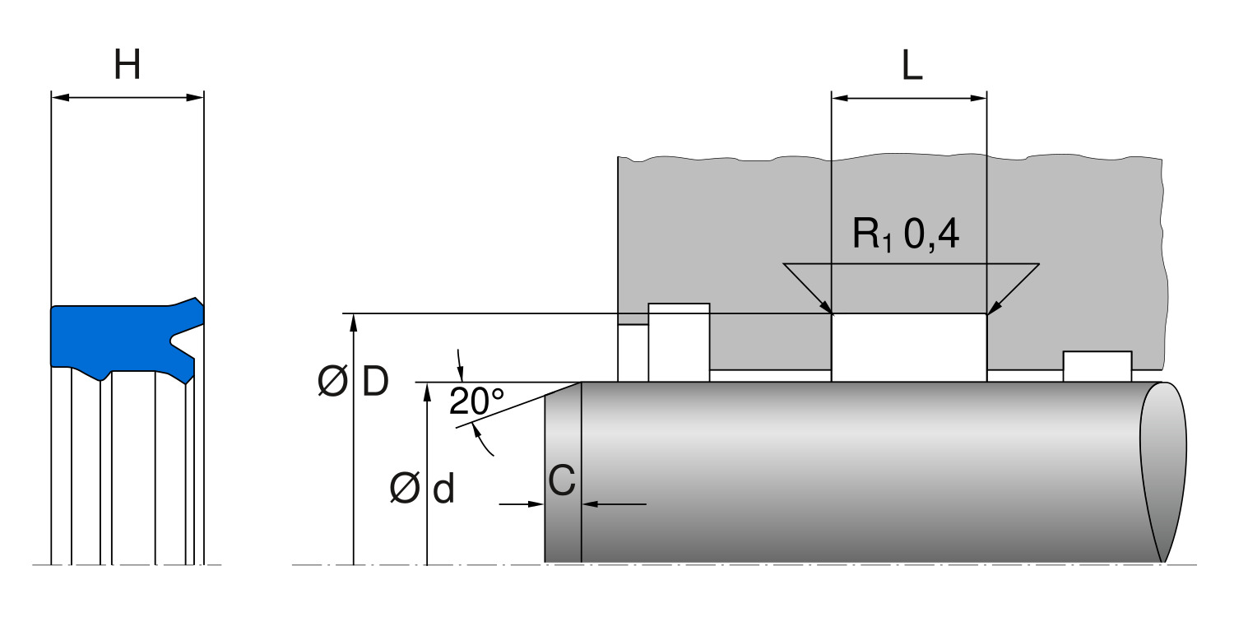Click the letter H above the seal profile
[x=128, y=64]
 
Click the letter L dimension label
[x=912, y=66]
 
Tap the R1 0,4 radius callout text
[x=906, y=234]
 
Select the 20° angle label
[x=476, y=401]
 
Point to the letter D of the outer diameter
[x=376, y=381]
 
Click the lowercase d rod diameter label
[x=443, y=488]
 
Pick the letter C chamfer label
[x=562, y=480]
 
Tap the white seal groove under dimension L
[x=909, y=347]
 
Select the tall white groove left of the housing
[x=679, y=342]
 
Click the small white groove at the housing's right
[x=1097, y=366]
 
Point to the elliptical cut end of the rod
[x=1163, y=472]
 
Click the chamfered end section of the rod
[x=563, y=473]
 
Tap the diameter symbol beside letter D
[x=332, y=381]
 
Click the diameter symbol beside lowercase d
[x=405, y=488]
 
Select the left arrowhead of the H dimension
[x=60, y=98]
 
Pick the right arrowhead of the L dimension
[x=978, y=99]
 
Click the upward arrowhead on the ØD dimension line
[x=354, y=322]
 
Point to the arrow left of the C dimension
[x=522, y=504]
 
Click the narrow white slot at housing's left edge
[x=633, y=353]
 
